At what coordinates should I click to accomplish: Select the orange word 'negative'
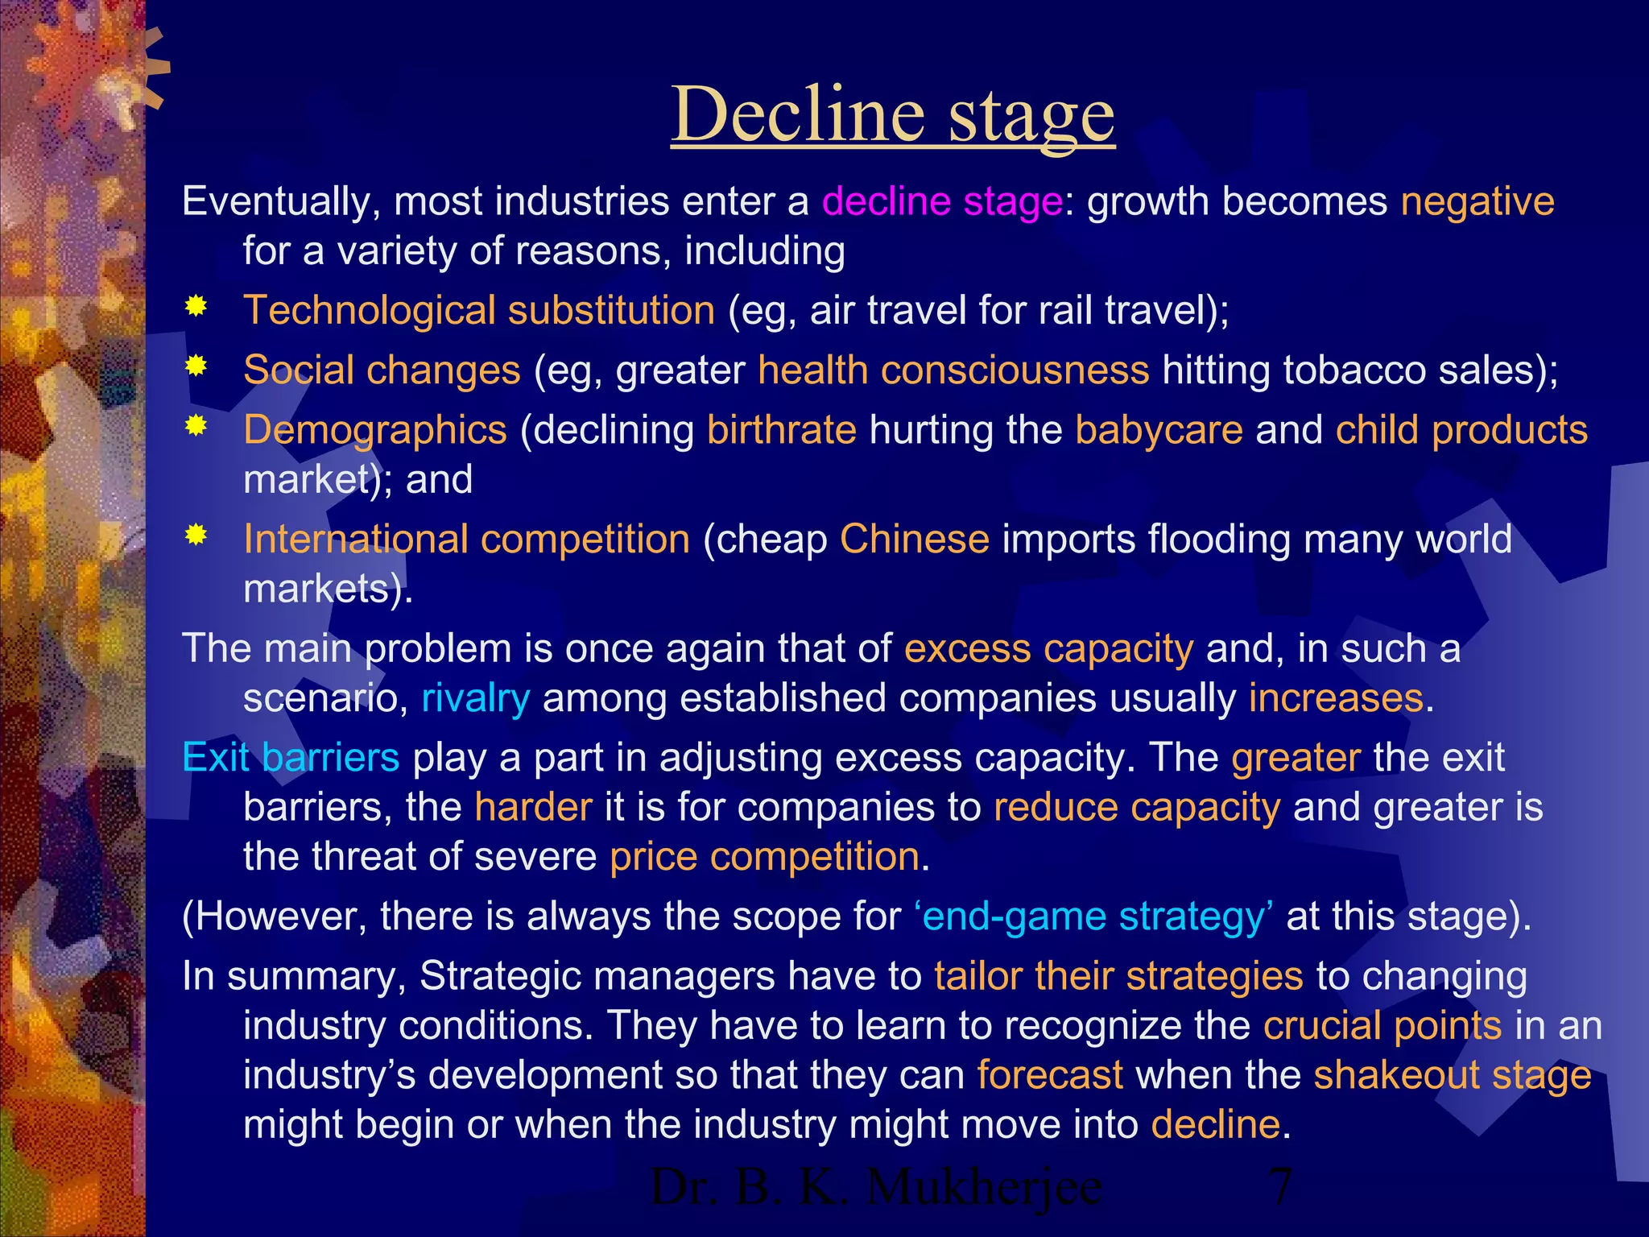1477,201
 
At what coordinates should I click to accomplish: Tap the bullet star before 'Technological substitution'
196,307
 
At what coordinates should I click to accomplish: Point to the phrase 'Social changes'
382,370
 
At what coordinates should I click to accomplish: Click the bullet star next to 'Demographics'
196,426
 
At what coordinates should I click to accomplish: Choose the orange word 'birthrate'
781,430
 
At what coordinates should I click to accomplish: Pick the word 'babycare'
1159,430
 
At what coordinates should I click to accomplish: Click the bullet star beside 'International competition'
196,536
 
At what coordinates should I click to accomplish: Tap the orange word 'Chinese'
914,540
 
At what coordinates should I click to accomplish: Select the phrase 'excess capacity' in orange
1048,649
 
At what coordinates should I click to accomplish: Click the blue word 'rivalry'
475,698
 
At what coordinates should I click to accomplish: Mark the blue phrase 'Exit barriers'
291,758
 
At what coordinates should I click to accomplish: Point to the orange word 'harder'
533,807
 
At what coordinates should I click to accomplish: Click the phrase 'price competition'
764,857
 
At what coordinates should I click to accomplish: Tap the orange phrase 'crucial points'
1382,1026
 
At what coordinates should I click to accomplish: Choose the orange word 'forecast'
1050,1075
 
